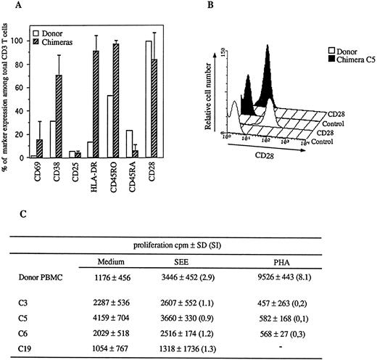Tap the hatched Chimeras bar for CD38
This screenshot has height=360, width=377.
tap(75, 116)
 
